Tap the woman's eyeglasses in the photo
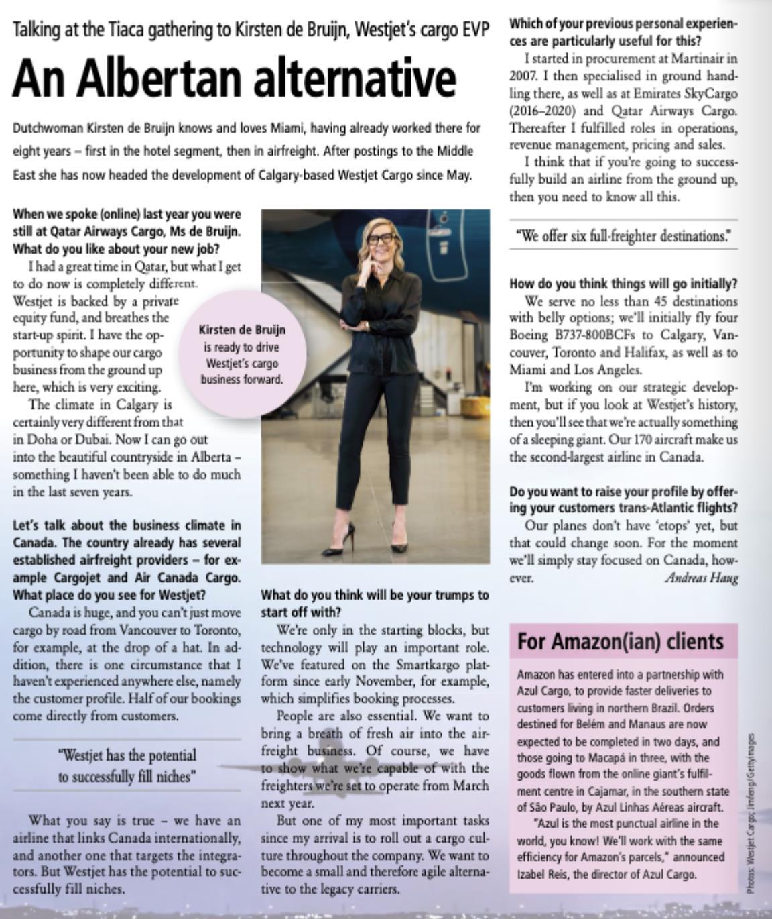pos(379,238)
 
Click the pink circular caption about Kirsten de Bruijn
pos(242,354)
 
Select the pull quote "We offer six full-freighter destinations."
pos(623,236)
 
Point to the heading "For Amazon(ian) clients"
pos(620,642)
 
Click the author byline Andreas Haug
pos(701,578)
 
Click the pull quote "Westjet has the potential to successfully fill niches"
pos(127,766)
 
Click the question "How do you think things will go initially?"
pos(623,283)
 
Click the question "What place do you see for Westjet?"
pos(109,594)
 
